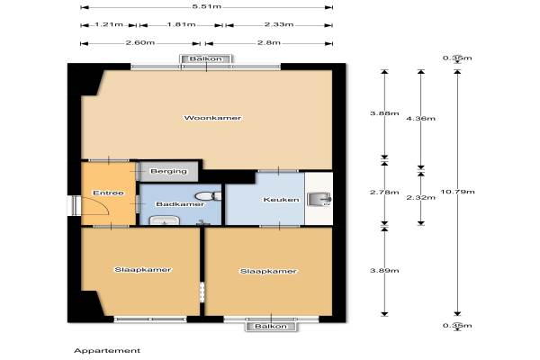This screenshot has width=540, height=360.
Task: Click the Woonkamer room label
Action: pos(212,118)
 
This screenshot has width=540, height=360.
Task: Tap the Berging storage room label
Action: pos(169,171)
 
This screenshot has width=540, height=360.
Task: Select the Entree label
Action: pos(108,193)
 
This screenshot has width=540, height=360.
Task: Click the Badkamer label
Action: pos(180,204)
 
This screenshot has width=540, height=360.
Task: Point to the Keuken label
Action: pos(281,200)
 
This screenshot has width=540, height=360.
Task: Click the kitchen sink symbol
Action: pos(319,199)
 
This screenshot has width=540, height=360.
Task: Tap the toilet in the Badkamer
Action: pos(208,196)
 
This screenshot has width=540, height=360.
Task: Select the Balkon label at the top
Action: pos(206,58)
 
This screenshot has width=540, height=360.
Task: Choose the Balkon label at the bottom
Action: pos(271,326)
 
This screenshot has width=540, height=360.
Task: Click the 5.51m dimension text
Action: pos(207,6)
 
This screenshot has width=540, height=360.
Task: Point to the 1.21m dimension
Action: pos(109,24)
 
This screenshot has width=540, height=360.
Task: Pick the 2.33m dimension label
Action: pos(279,24)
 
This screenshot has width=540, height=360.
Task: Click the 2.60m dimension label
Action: pos(140,43)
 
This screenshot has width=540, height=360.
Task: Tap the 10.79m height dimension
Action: pos(458,192)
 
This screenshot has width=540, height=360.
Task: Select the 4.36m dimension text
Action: pos(421,119)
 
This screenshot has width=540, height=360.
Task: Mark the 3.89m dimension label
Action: pos(384,271)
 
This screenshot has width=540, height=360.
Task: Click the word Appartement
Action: pos(107,351)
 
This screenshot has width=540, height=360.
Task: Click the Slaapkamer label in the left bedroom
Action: pos(142,270)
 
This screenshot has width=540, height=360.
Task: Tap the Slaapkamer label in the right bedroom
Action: pos(268,272)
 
